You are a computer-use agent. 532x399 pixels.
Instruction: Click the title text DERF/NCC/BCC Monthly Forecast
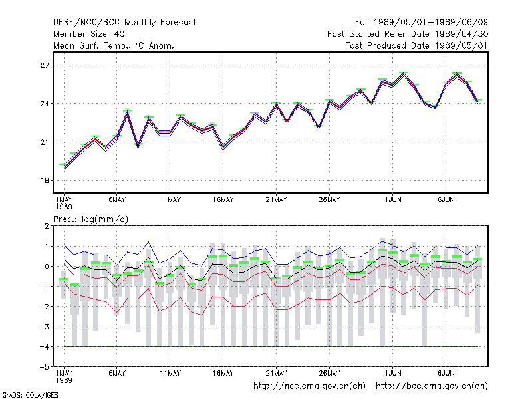tap(124, 23)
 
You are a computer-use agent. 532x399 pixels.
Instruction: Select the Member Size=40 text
tap(89, 34)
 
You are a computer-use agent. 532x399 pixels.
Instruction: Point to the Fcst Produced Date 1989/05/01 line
tap(416, 45)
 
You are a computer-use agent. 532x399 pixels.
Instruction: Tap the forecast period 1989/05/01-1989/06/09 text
tap(422, 23)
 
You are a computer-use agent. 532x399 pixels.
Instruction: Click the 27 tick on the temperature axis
tap(45, 65)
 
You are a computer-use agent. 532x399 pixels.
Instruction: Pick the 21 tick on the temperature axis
tap(45, 142)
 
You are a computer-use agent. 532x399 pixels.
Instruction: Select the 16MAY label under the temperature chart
tap(223, 200)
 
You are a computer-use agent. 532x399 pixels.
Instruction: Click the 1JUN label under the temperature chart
tap(393, 200)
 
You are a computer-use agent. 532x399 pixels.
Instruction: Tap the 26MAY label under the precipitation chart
tap(329, 373)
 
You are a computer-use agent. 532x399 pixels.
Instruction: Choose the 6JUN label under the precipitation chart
tap(446, 373)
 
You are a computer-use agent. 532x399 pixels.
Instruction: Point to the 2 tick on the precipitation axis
tap(47, 226)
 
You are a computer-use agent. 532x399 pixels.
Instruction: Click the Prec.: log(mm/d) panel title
tap(90, 219)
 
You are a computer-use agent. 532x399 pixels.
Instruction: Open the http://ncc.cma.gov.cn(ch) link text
tap(309, 386)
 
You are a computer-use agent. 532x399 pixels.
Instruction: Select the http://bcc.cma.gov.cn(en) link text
tap(432, 386)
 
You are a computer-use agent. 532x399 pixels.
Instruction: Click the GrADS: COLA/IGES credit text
tap(30, 395)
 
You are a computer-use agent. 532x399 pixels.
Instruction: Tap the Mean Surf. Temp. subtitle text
tap(114, 45)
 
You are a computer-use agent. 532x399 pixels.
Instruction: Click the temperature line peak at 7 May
tap(128, 112)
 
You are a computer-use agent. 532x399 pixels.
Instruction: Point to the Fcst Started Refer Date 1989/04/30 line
tap(408, 34)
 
